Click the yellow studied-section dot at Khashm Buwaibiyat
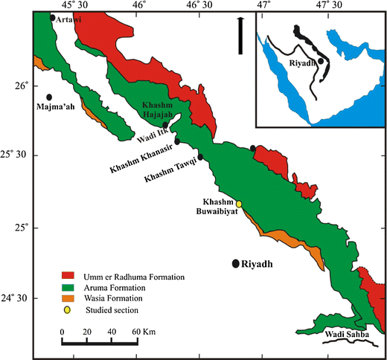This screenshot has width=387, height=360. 240,204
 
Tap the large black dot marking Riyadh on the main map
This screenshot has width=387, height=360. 236,263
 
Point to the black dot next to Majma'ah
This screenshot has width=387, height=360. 49,97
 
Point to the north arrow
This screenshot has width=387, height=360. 240,36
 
